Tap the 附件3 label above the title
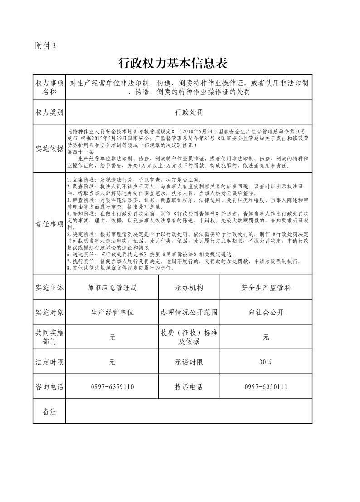(45, 45)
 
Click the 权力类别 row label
(49, 111)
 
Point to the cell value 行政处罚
(189, 111)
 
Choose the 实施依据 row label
(49, 149)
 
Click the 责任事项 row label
(49, 224)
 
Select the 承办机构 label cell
(189, 288)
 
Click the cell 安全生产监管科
(266, 288)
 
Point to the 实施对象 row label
(49, 313)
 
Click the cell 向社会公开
(266, 313)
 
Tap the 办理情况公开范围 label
(189, 313)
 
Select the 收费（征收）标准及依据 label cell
(189, 337)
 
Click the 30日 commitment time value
(266, 362)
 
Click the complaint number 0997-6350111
(266, 386)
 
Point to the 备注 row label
(49, 411)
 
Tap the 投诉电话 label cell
(189, 386)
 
